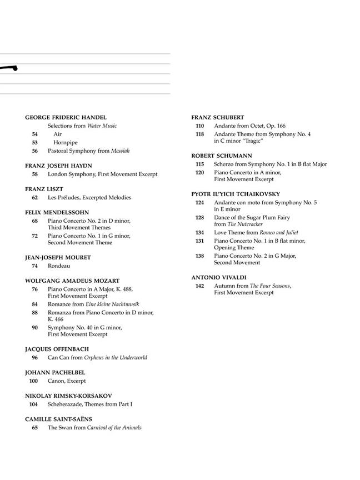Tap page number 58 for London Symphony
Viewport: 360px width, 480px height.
pyautogui.click(x=34, y=174)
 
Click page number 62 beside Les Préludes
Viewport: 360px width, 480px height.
pyautogui.click(x=34, y=197)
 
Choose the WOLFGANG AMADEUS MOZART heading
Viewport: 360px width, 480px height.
pyautogui.click(x=72, y=281)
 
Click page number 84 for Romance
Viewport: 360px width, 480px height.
pyautogui.click(x=34, y=304)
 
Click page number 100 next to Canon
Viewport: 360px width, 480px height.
pyautogui.click(x=33, y=381)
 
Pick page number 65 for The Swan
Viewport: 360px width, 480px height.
pyautogui.click(x=34, y=427)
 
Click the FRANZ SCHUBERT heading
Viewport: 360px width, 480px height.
pyautogui.click(x=218, y=118)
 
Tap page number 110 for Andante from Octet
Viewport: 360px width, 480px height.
pyautogui.click(x=200, y=126)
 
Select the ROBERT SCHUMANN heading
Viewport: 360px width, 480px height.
pyautogui.click(x=222, y=156)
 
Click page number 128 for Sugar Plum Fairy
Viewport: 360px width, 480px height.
pyautogui.click(x=200, y=217)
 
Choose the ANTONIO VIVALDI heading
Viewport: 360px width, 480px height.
pyautogui.click(x=219, y=277)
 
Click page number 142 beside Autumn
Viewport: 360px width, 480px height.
pyautogui.click(x=200, y=286)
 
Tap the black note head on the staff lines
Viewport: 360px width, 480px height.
pyautogui.click(x=12, y=68)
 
